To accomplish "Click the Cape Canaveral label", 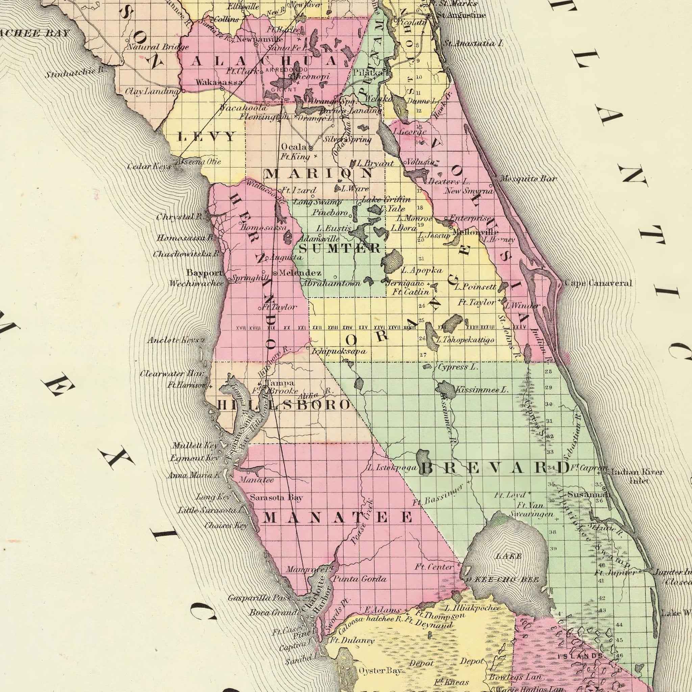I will [x=598, y=284].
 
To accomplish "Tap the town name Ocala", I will [x=293, y=147].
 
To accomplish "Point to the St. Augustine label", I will [x=461, y=16].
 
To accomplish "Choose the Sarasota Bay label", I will [x=276, y=497].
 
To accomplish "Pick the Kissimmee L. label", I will [x=481, y=389].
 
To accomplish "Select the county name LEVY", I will [x=207, y=137].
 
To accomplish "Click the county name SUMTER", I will [x=339, y=248].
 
